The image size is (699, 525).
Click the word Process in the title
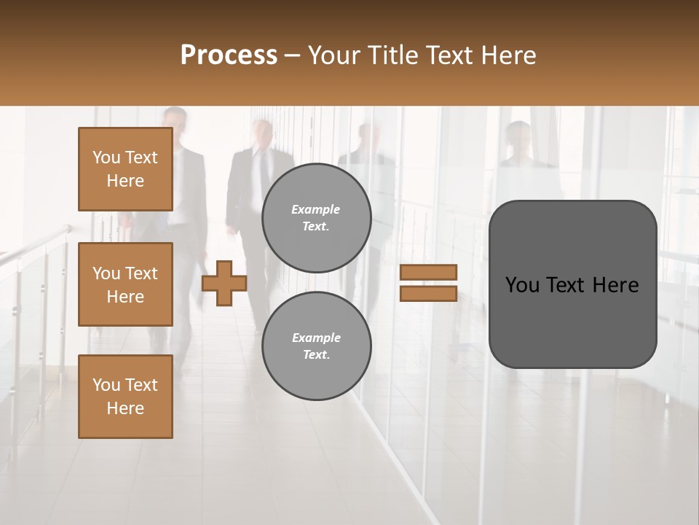pyautogui.click(x=229, y=55)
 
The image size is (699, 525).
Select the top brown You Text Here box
pyautogui.click(x=125, y=169)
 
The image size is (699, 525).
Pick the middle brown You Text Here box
pyautogui.click(x=125, y=284)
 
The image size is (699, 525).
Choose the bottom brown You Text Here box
pyautogui.click(x=125, y=397)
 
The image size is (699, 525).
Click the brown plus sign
pyautogui.click(x=224, y=283)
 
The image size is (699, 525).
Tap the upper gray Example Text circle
pyautogui.click(x=317, y=218)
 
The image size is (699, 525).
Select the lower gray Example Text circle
pyautogui.click(x=317, y=346)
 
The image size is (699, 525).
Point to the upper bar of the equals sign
pyautogui.click(x=429, y=272)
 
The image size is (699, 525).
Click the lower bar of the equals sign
pyautogui.click(x=429, y=293)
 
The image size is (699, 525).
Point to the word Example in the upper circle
pyautogui.click(x=316, y=209)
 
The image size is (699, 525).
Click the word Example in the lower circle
pyautogui.click(x=316, y=338)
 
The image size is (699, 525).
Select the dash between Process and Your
pyautogui.click(x=293, y=55)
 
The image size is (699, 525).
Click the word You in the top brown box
pyautogui.click(x=106, y=157)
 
